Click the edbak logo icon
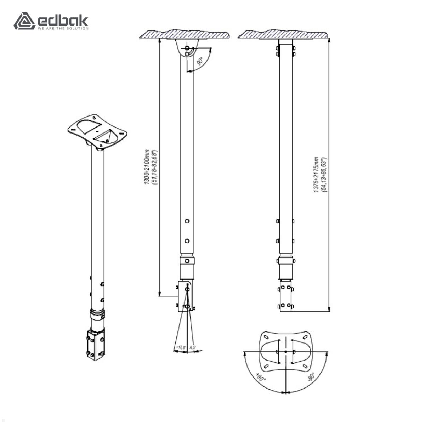(x=24, y=21)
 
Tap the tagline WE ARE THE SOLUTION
(x=63, y=28)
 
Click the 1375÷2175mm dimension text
(x=316, y=175)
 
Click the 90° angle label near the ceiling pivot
(x=200, y=61)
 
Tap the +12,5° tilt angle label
(x=181, y=347)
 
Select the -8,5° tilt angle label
(x=193, y=347)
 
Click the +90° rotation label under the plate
(x=261, y=378)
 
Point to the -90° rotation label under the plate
(x=311, y=377)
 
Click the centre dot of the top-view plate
(x=286, y=352)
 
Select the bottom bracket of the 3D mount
(x=96, y=344)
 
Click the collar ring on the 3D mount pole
(x=97, y=313)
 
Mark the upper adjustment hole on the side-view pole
(x=187, y=221)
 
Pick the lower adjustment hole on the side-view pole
(x=187, y=241)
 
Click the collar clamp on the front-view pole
(x=286, y=261)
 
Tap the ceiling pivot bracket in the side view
(x=187, y=48)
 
